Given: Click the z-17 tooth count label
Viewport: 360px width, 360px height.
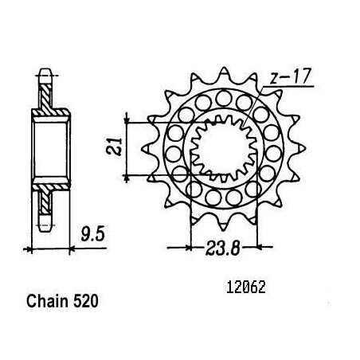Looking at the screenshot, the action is pos(290,77).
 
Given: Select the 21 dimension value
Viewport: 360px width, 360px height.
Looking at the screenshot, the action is pos(114,147).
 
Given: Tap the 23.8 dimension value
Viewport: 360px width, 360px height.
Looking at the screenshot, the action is pos(222,248).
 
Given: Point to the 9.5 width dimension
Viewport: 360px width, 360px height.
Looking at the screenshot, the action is pos(93,234).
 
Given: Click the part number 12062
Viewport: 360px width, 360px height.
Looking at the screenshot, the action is pos(246,288).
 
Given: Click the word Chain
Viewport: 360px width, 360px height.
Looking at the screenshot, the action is pos(47,302).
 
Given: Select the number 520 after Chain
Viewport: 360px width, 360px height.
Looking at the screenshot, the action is pos(86,302).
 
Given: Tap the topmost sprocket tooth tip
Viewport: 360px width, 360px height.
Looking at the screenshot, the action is pos(224,68).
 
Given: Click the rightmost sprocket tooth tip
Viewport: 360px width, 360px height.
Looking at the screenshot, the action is pos(305,148).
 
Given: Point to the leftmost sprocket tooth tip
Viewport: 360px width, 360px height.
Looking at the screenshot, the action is pos(143,149).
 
